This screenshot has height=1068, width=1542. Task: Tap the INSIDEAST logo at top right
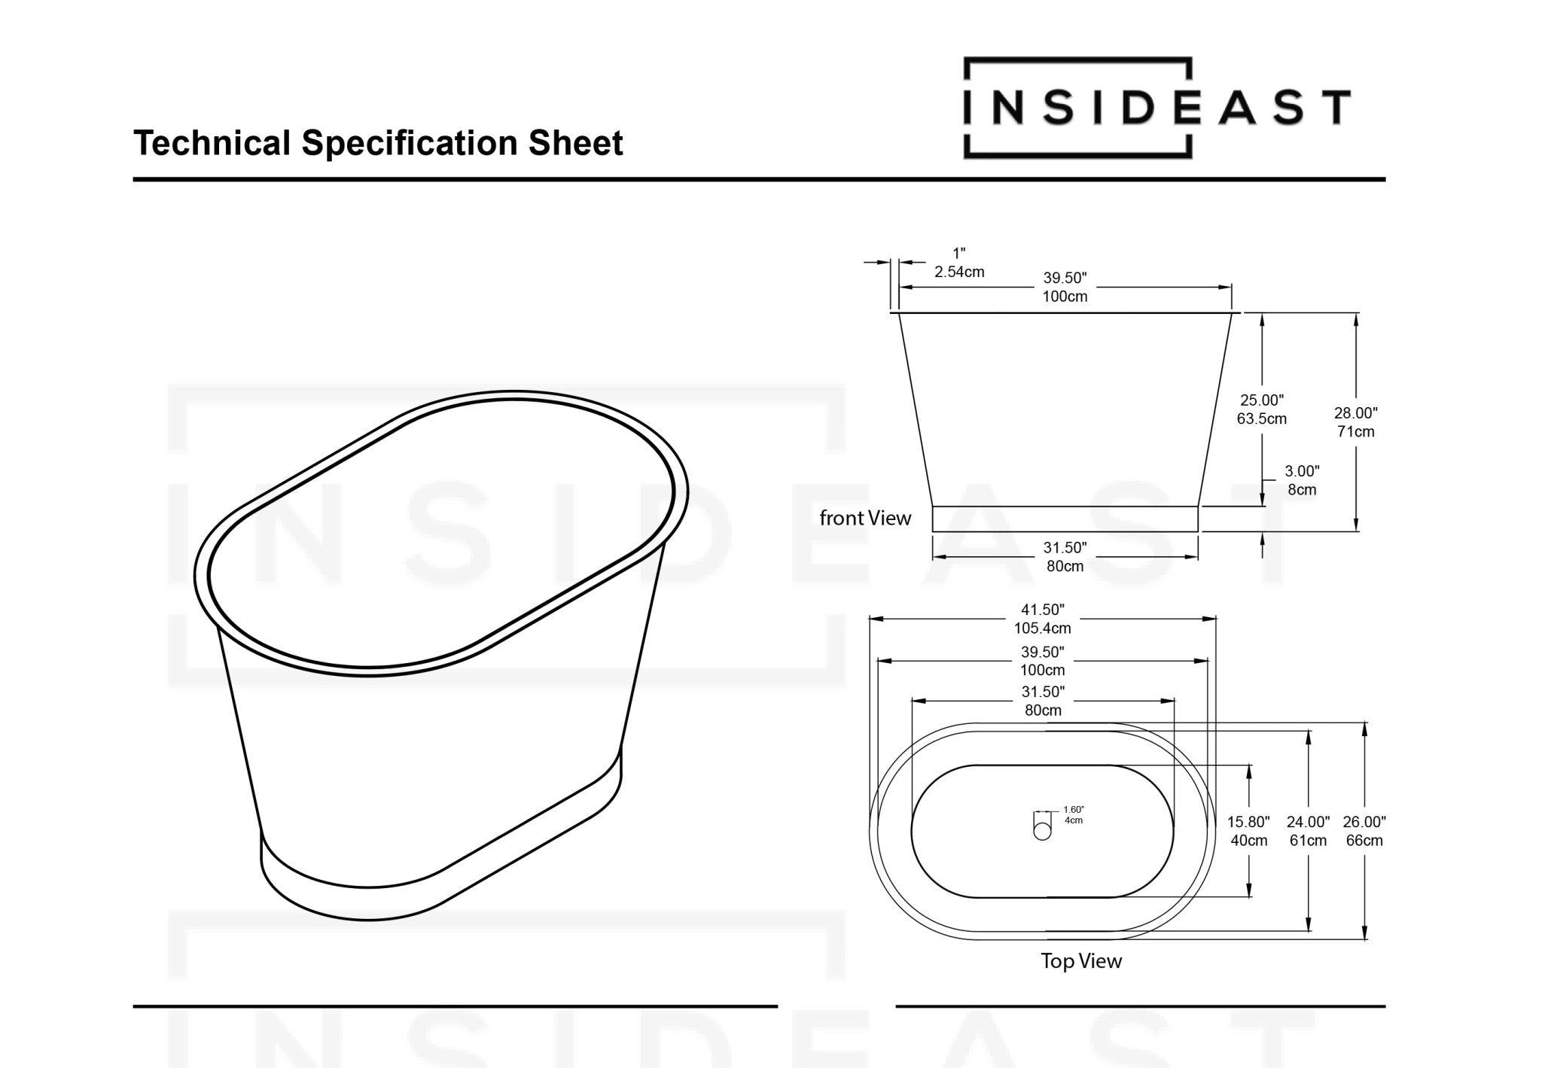[x=1156, y=108]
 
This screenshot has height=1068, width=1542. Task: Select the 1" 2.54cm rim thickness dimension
[x=958, y=263]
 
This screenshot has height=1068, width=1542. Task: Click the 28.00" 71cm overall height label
[x=1355, y=422]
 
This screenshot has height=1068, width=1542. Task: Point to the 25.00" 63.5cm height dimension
[x=1261, y=409]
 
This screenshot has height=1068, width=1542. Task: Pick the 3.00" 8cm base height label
[x=1301, y=480]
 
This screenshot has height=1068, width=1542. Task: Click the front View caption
[x=865, y=518]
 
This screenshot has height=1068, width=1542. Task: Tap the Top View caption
[x=1081, y=961]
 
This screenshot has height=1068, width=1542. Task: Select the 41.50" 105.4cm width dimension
[x=1042, y=619]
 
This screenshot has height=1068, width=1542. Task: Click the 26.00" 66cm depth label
[x=1364, y=831]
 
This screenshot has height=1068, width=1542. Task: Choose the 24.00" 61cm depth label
[x=1308, y=831]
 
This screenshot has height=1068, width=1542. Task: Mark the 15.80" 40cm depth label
[x=1248, y=831]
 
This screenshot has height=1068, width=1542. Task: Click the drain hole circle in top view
[x=1042, y=831]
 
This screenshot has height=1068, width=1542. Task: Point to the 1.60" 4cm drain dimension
[x=1073, y=814]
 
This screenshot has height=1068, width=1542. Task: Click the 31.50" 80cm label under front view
[x=1065, y=557]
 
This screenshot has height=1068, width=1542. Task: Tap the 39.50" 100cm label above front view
[x=1065, y=287]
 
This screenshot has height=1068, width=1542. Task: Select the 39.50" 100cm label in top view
[x=1042, y=661]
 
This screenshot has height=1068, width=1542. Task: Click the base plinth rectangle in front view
[x=1065, y=519]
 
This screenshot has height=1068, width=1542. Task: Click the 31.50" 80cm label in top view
[x=1042, y=701]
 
